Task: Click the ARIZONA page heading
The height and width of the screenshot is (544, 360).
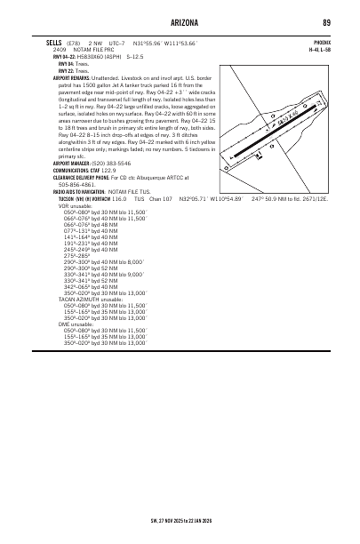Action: click(179, 22)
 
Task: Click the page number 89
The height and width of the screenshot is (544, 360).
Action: click(327, 22)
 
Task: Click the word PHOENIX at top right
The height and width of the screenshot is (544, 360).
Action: click(321, 42)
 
